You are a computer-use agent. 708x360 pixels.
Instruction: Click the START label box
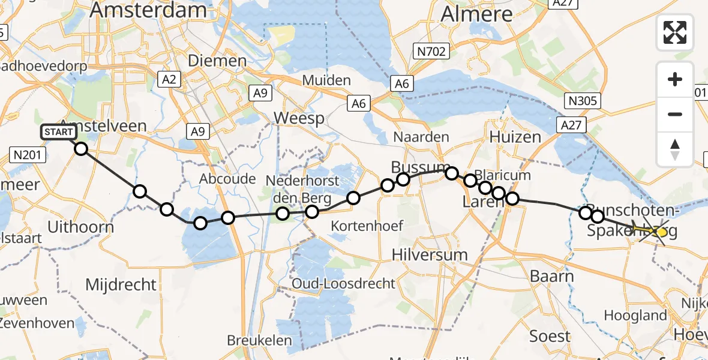(x=58, y=132)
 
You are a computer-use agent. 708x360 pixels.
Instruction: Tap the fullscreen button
(x=675, y=32)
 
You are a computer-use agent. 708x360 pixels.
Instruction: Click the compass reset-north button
(x=675, y=149)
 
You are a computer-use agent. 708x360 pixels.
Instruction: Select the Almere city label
(x=477, y=14)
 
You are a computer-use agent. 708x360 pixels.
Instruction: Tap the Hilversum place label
(x=429, y=254)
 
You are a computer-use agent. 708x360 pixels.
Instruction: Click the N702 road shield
(x=432, y=52)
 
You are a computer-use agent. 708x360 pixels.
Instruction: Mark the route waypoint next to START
(x=80, y=148)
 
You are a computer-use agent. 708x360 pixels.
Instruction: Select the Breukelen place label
(x=259, y=341)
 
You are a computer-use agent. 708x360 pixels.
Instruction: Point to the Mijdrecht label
(x=121, y=284)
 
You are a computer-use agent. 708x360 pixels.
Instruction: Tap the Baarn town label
(x=552, y=277)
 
